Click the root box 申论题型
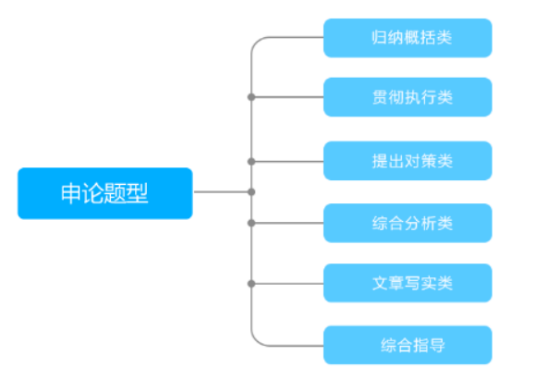[105, 193]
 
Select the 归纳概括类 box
[408, 38]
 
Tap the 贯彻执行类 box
[408, 97]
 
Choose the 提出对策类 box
[408, 161]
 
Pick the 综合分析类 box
[408, 223]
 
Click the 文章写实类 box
[408, 283]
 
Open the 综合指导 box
[408, 345]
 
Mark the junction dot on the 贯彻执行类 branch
[251, 97]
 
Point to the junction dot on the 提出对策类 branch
[251, 162]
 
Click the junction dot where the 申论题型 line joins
[251, 192]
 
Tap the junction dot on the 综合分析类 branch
[251, 223]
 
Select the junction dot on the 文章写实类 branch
[251, 284]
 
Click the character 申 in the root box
[71, 193]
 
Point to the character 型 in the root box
[137, 193]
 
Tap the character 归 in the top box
[380, 38]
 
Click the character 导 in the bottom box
[437, 345]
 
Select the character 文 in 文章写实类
[380, 283]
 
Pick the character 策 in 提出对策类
[429, 161]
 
